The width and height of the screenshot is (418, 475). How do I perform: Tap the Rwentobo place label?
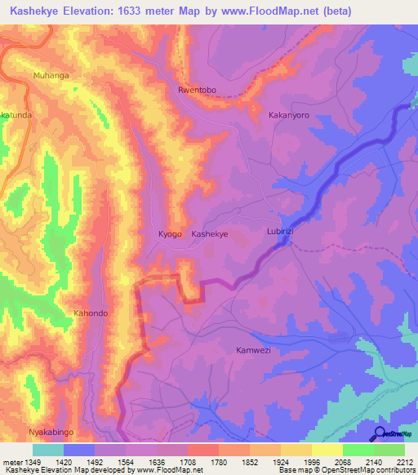coord(199,91)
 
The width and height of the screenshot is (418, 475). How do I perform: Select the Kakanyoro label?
coord(289,116)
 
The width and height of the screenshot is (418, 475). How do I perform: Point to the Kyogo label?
coord(170,234)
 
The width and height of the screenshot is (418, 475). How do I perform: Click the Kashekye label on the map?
coord(209,234)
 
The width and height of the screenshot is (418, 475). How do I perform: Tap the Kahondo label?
coord(91,313)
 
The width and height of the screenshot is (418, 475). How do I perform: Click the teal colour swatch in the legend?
coord(48,450)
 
